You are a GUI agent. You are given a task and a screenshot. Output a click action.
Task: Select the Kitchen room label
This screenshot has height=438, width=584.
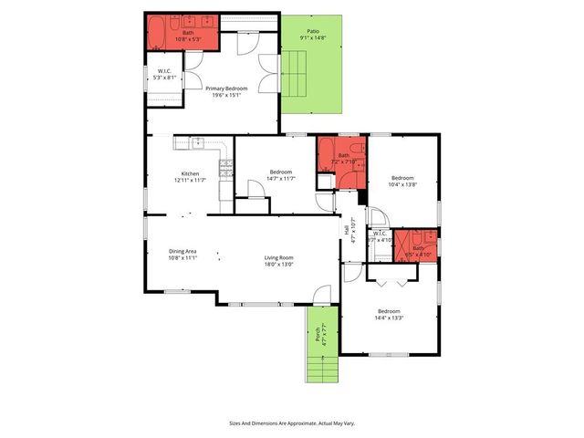(190, 173)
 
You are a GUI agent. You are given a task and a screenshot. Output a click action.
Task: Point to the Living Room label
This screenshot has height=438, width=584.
(277, 259)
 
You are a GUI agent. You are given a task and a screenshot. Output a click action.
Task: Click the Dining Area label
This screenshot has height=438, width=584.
(182, 250)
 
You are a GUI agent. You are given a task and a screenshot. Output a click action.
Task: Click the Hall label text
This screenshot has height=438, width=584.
(347, 231)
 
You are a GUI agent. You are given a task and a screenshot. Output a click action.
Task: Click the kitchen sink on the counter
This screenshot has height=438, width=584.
(197, 142)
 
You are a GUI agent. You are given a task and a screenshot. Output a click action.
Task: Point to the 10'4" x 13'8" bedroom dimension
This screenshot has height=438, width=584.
(403, 185)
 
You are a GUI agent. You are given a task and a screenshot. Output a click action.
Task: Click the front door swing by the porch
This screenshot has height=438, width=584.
(320, 295)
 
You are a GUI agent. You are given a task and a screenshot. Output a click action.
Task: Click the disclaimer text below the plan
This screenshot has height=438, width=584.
(292, 423)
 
